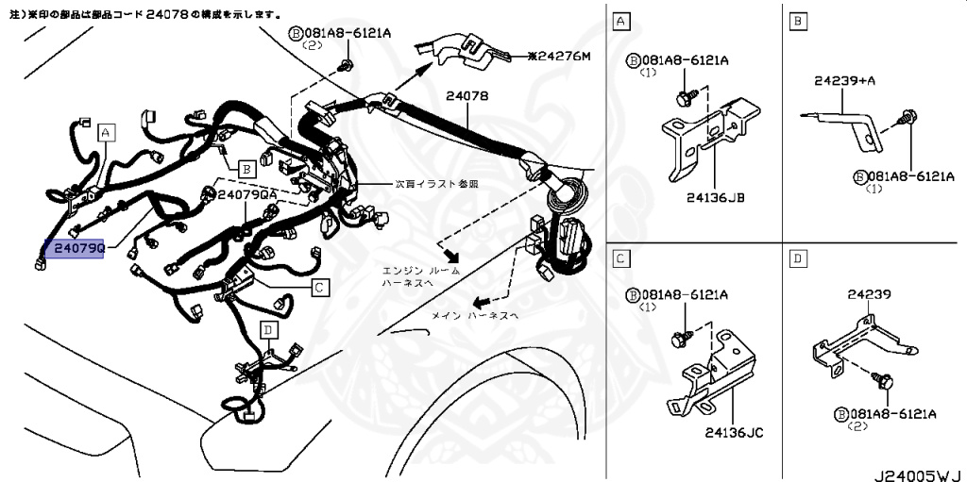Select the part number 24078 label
pyautogui.click(x=467, y=96)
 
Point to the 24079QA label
pyautogui.click(x=247, y=194)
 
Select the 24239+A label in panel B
pyautogui.click(x=845, y=81)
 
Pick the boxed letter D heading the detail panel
pyautogui.click(x=798, y=258)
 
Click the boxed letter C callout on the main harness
pyautogui.click(x=320, y=287)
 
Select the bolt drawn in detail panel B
pyautogui.click(x=909, y=118)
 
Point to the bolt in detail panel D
pyautogui.click(x=885, y=382)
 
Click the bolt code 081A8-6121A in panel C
pyautogui.click(x=685, y=295)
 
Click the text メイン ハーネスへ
pyautogui.click(x=475, y=316)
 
